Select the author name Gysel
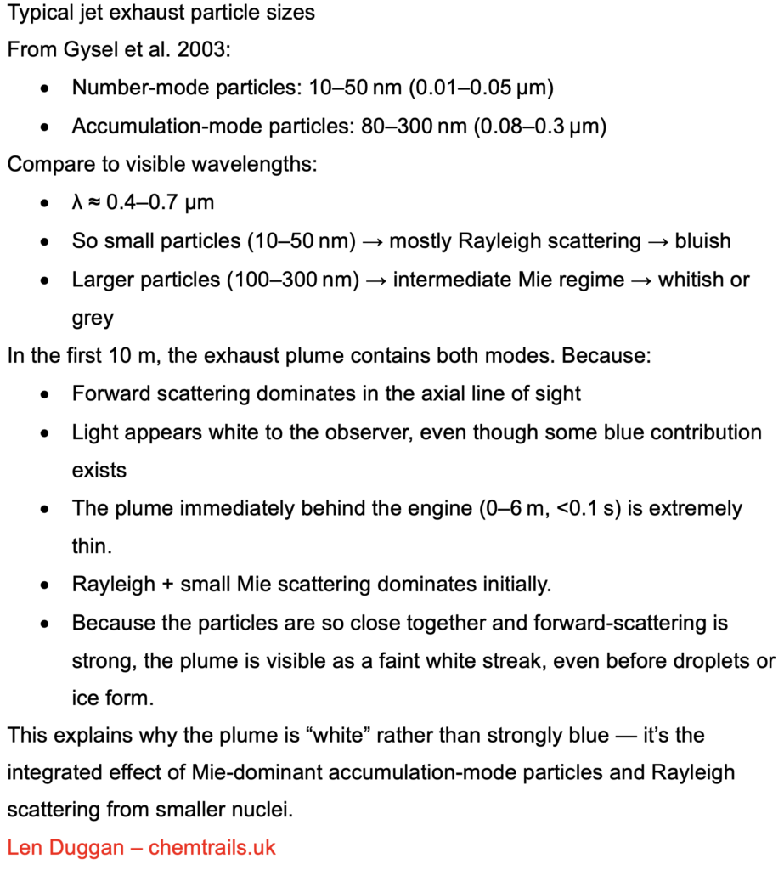point(92,49)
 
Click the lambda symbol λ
point(78,203)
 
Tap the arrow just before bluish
point(658,241)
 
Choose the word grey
point(93,317)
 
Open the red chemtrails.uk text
point(212,847)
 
